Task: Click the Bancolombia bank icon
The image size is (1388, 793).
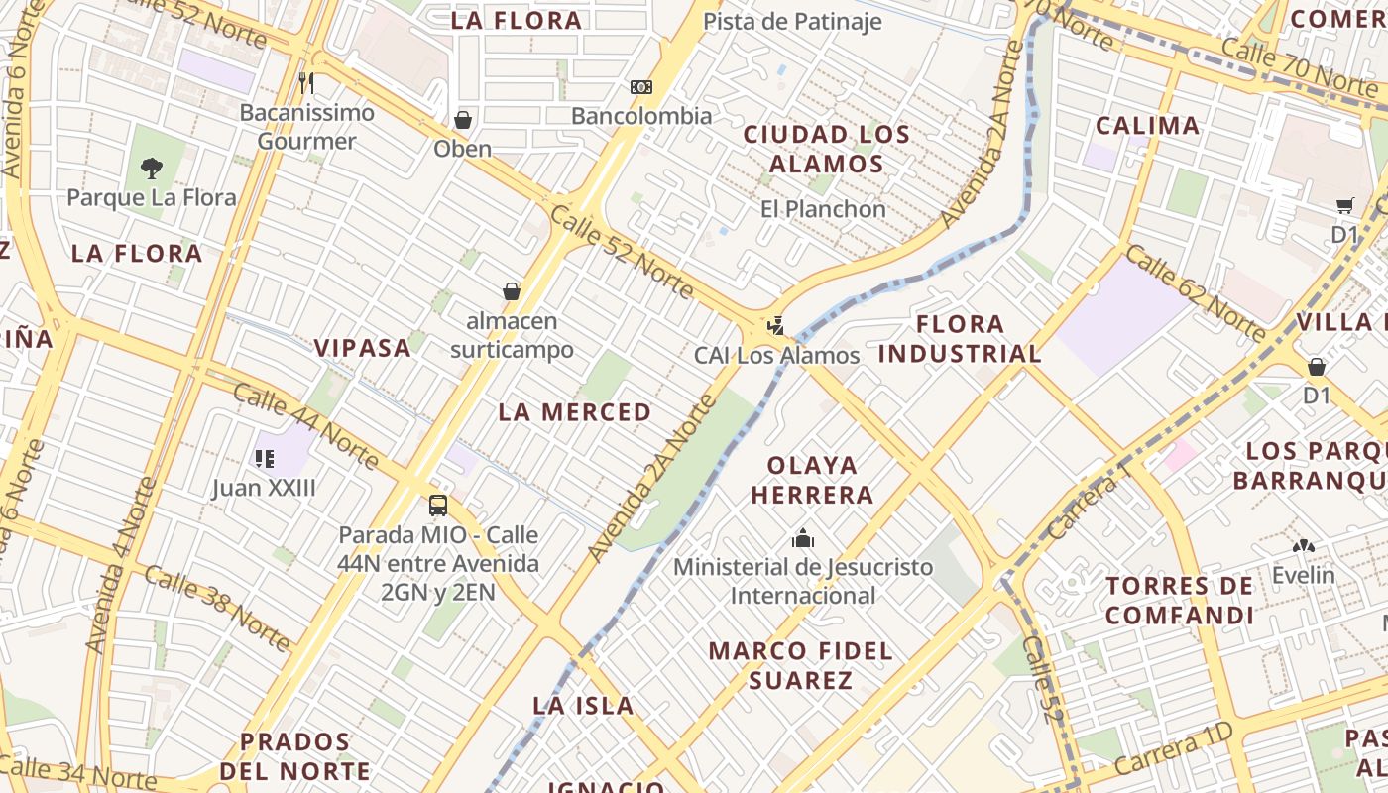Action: tap(641, 87)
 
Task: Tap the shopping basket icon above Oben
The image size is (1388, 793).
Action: tap(462, 120)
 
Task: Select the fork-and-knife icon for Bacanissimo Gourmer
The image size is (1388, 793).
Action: tap(306, 82)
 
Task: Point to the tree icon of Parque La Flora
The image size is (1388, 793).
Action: tap(151, 169)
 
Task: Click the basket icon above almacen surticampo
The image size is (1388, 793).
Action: tap(512, 291)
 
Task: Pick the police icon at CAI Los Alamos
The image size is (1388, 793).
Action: tap(776, 325)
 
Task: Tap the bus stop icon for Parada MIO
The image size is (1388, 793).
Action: tap(438, 506)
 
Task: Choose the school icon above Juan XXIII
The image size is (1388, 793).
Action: tap(264, 458)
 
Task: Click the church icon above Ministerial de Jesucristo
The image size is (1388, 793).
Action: tap(803, 539)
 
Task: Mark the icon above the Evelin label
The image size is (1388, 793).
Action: tap(1303, 546)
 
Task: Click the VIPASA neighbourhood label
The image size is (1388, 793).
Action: tap(362, 348)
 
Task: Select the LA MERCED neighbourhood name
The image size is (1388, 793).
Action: tap(575, 412)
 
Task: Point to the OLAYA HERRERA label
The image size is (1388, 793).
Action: tap(812, 480)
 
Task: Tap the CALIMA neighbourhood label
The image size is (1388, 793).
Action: tap(1147, 126)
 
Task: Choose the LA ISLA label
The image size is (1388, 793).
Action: tap(583, 706)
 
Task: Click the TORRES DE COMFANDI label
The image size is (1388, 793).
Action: tap(1180, 601)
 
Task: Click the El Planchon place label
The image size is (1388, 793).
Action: tap(823, 209)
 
